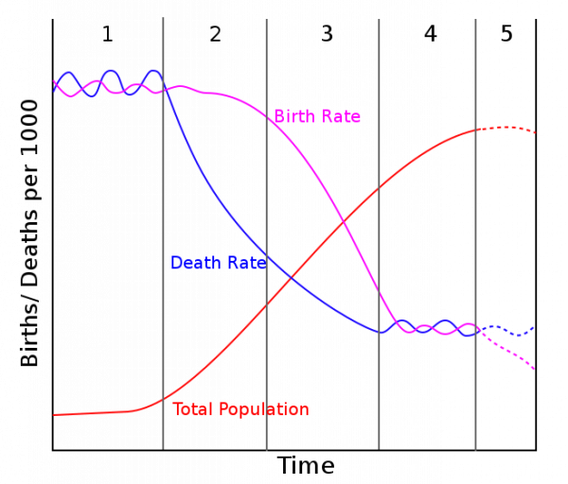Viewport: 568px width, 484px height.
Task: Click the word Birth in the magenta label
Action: click(294, 117)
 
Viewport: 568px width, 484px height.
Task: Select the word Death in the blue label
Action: click(194, 263)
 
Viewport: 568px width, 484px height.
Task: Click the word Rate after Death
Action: click(244, 263)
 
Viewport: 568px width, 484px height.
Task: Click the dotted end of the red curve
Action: click(511, 128)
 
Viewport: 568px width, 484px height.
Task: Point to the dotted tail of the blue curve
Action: click(511, 333)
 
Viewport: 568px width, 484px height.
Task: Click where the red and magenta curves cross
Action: click(343, 223)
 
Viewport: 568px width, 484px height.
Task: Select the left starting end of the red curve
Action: click(56, 414)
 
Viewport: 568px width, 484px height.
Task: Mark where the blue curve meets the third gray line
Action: click(379, 332)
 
